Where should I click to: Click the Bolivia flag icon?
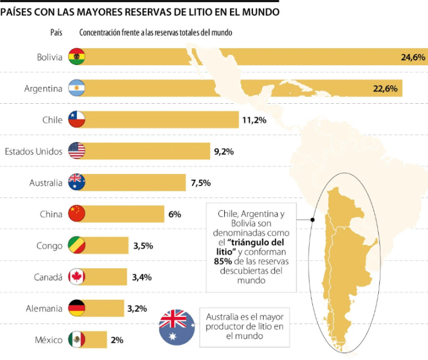pos(76,57)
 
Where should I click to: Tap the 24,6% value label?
pos(413,57)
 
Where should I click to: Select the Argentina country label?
pos(43,89)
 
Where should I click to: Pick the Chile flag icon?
pos(76,120)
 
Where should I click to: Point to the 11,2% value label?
pos(254,120)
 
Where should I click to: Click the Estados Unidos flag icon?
pos(76,151)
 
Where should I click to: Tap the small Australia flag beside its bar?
pos(76,183)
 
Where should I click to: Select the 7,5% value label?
pos(200,183)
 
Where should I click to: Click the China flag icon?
pos(76,214)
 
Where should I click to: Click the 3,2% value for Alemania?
pos(137,308)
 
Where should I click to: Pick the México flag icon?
pos(76,340)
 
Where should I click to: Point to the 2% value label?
pos(117,340)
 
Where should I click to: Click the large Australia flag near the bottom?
pos(176,327)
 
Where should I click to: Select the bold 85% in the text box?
pos(215,261)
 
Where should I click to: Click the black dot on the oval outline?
pos(312,220)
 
